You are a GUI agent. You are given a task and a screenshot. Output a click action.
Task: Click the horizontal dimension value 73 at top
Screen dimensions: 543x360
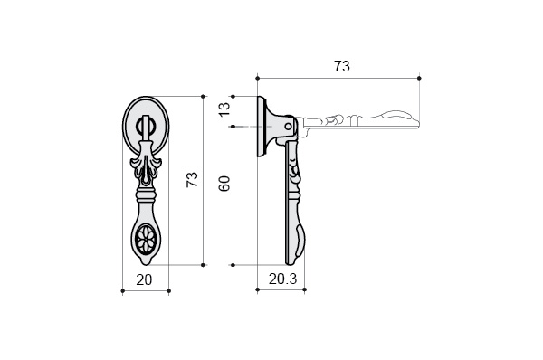tap(342, 66)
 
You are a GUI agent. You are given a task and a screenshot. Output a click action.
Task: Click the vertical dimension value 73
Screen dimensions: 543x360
tap(192, 179)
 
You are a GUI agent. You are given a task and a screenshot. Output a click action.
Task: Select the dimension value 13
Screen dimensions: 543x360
tap(224, 109)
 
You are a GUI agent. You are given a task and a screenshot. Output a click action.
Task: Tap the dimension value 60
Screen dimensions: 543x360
tap(224, 184)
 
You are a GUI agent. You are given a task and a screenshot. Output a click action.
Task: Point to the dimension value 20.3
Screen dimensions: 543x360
tap(283, 279)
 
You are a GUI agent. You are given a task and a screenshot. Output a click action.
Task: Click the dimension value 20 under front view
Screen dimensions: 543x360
tap(144, 279)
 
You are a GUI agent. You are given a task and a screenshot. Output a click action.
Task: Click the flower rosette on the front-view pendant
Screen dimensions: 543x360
tap(146, 238)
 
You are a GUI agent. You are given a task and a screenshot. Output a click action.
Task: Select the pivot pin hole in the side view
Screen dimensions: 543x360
tap(288, 127)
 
